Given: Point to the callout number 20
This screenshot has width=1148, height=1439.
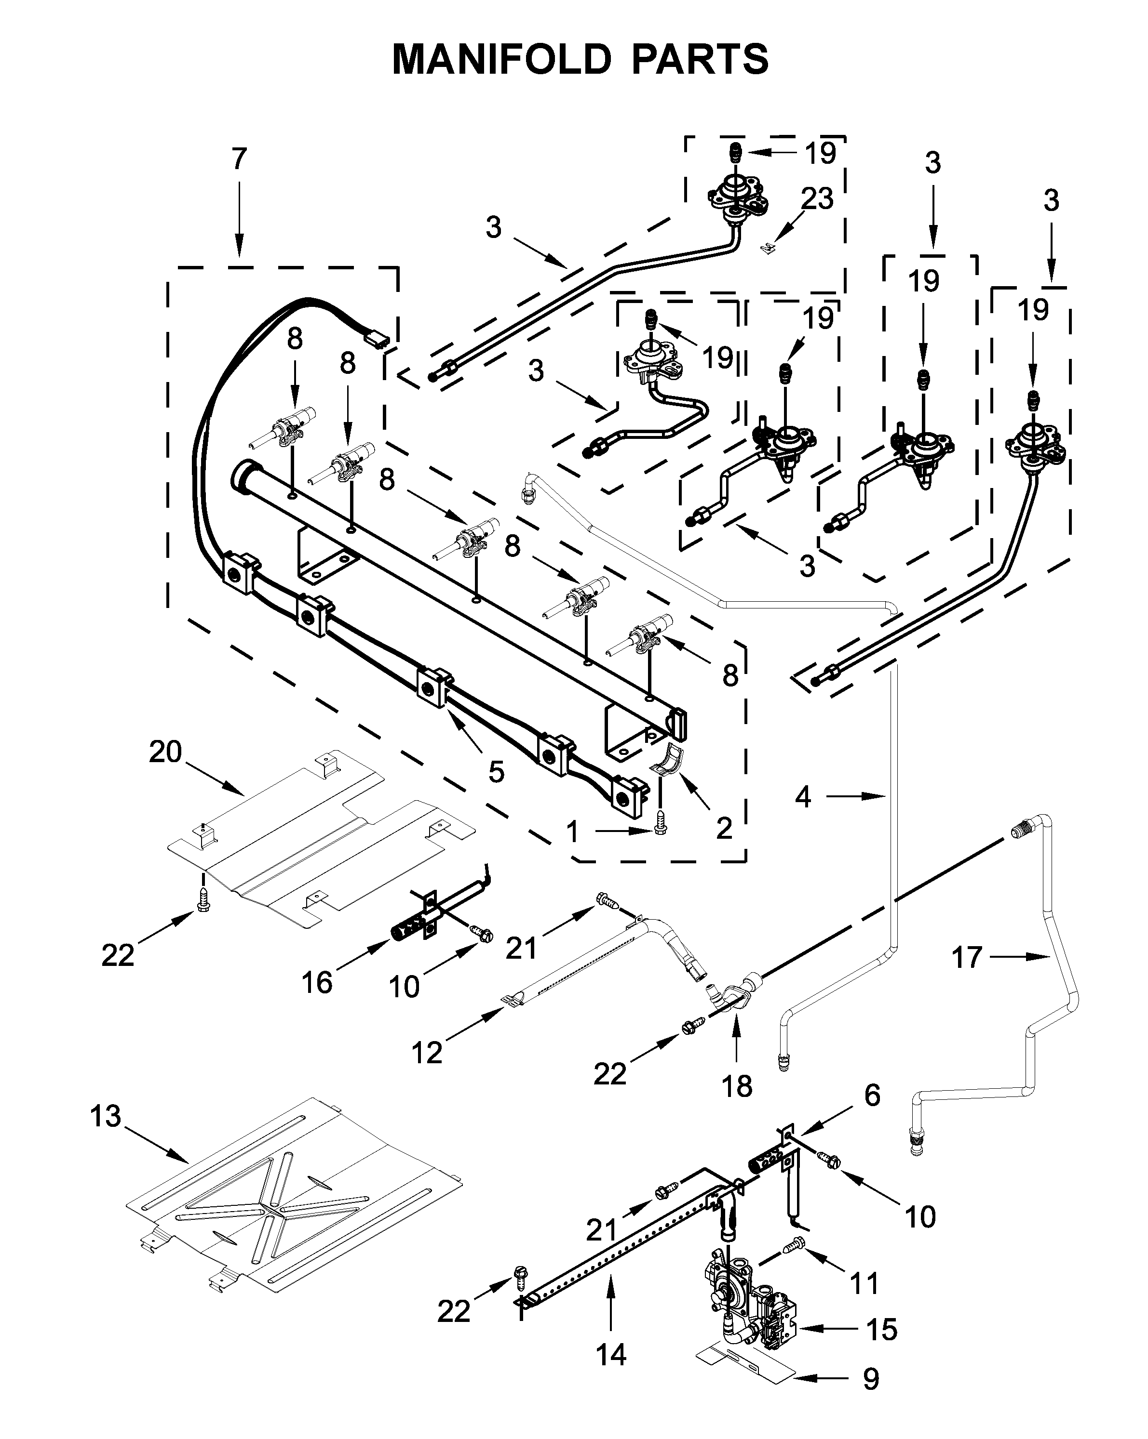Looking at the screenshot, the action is click(166, 752).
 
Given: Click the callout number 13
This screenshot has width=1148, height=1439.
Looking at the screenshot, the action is click(106, 1116).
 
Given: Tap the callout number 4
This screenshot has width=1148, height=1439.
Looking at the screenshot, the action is click(803, 796).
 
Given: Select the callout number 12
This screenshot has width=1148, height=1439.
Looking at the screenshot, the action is click(427, 1053).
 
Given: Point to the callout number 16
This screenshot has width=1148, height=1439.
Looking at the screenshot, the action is click(317, 982).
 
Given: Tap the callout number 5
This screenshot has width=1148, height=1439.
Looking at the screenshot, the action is click(496, 772).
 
